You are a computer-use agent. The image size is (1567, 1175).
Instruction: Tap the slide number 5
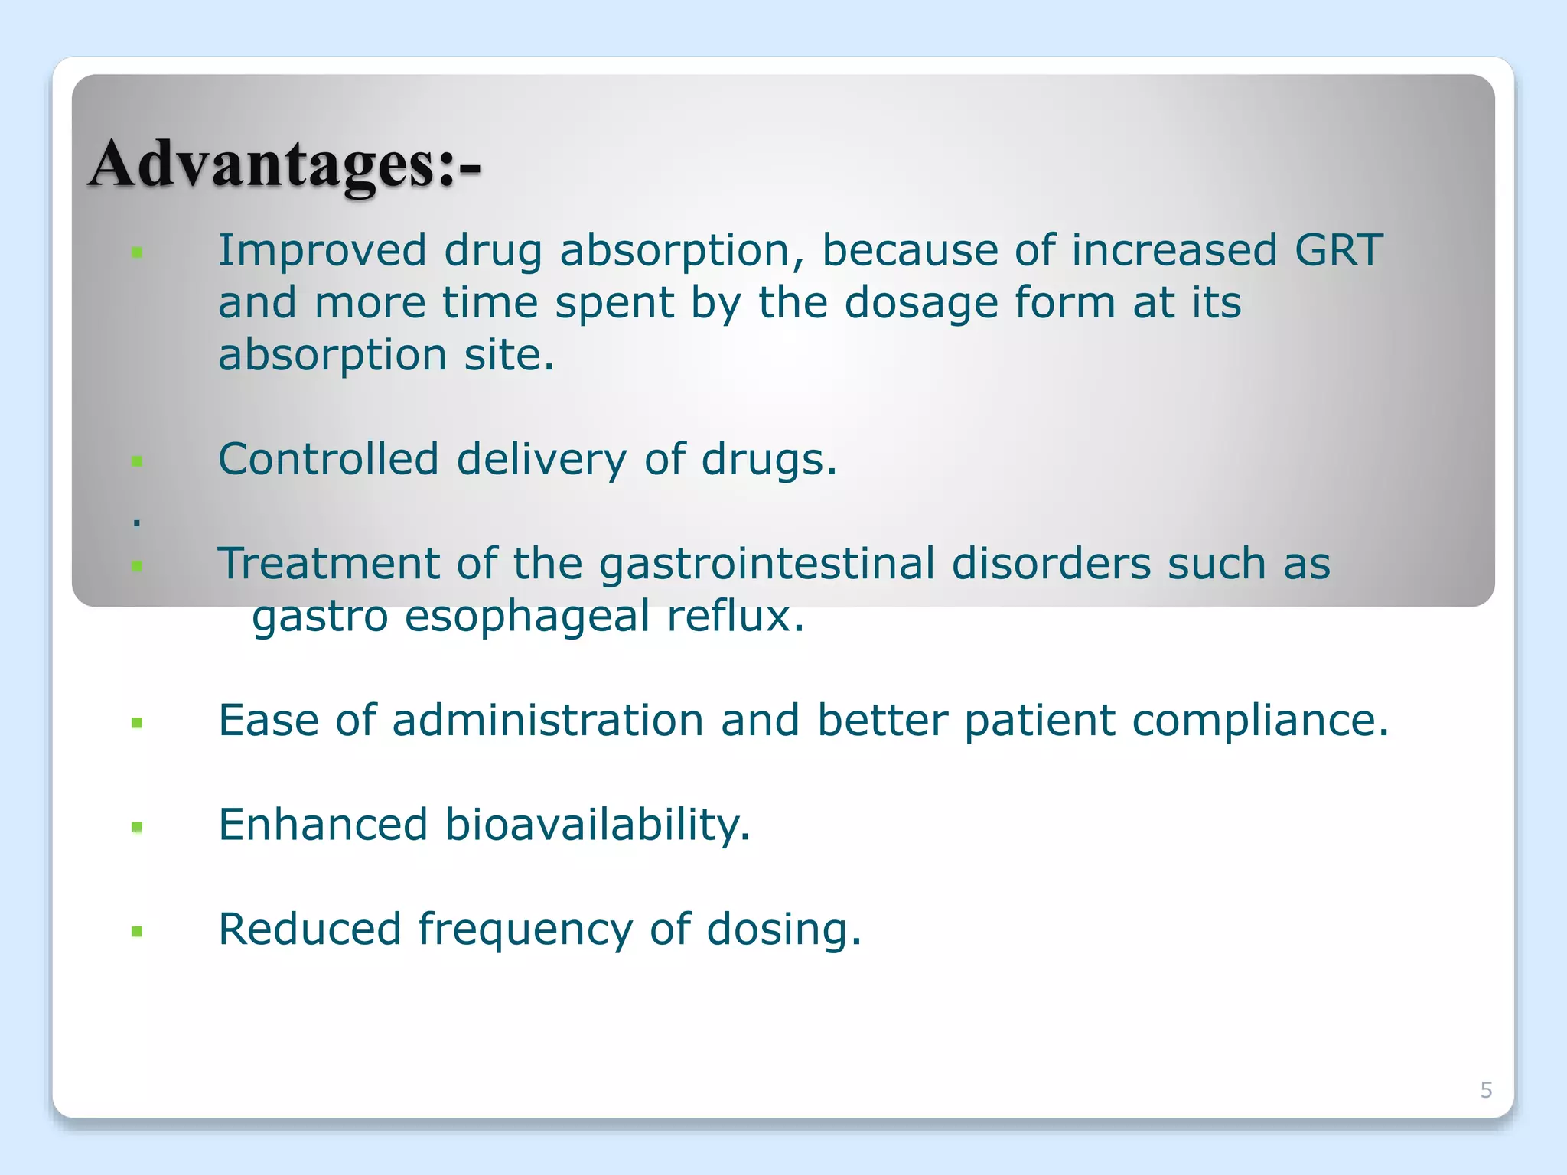tap(1486, 1089)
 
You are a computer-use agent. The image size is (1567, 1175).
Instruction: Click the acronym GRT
tap(1338, 250)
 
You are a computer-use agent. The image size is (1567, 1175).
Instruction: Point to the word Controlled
tap(328, 459)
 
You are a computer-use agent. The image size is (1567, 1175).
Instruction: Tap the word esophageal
tap(527, 616)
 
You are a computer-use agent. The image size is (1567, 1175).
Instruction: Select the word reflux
tap(735, 616)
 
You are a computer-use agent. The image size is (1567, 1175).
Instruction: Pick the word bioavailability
tap(597, 825)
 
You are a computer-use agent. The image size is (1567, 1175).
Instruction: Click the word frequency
tap(525, 930)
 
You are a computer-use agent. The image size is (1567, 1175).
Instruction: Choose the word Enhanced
tap(322, 825)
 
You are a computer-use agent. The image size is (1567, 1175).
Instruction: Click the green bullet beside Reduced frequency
tap(138, 932)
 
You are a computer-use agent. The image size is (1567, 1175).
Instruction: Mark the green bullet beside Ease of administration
tap(138, 723)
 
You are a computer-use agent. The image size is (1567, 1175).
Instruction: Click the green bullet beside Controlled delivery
tap(138, 461)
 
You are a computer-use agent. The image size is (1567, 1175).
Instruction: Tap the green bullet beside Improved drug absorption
tap(138, 252)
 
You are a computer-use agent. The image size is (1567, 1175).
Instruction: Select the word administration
tap(548, 721)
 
